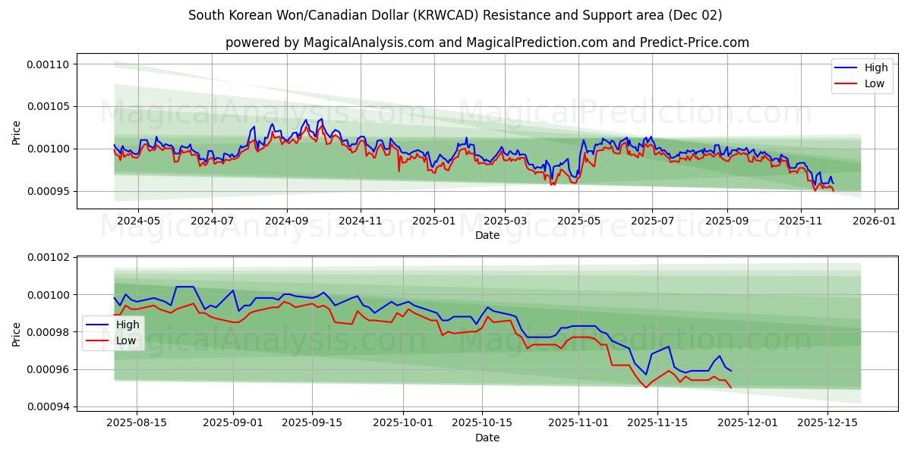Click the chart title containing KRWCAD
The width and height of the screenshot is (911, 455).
455,15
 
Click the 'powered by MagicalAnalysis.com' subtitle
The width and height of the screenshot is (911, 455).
487,42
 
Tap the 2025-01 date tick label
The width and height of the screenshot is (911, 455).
433,221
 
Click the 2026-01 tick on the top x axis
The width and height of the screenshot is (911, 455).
875,221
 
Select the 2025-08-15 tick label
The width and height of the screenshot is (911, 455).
137,422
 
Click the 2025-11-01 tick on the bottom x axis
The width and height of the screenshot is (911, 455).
578,422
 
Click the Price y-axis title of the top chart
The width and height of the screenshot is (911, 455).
17,133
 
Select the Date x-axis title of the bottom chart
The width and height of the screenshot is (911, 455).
487,438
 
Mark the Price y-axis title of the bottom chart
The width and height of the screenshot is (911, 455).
17,334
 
